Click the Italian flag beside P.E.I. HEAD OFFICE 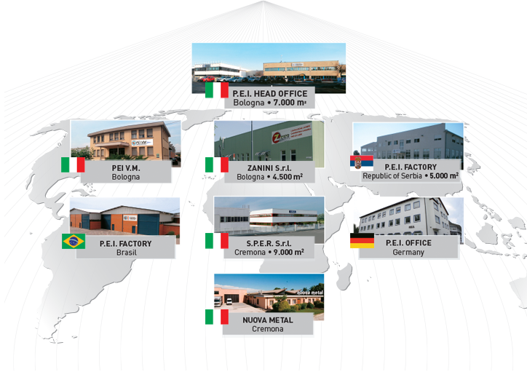click(216, 90)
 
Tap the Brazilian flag click(73, 242)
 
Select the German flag click(362, 240)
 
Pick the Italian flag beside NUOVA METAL click(216, 317)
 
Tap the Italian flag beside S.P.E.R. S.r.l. click(216, 241)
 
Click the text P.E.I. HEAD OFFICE click(270, 94)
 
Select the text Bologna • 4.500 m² click(270, 177)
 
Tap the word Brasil click(127, 253)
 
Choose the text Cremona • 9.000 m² click(269, 253)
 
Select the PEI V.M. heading click(127, 167)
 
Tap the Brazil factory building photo click(124, 216)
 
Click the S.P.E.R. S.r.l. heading click(270, 242)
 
